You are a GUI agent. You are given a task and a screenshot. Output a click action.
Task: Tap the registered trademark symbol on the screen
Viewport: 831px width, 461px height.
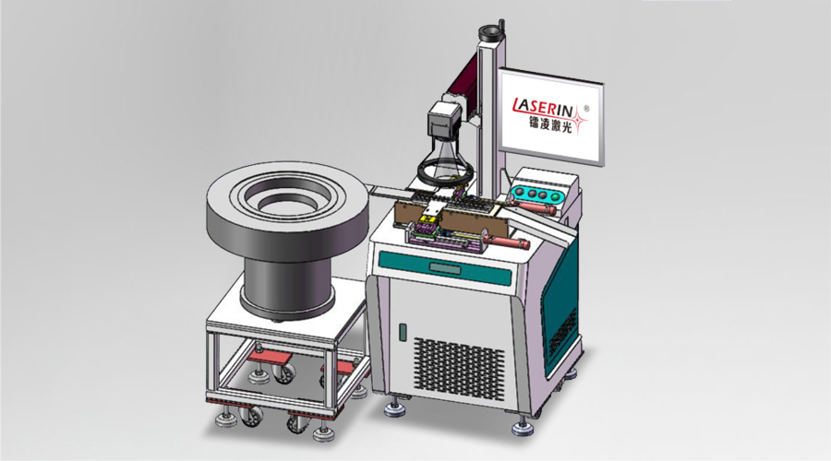tap(586, 109)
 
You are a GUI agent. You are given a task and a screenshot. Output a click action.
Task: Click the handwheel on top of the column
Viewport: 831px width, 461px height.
tap(490, 30)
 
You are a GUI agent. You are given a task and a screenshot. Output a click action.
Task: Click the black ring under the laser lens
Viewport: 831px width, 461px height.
tap(444, 172)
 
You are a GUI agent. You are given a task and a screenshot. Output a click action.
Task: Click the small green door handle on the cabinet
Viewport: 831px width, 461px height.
tap(403, 333)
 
